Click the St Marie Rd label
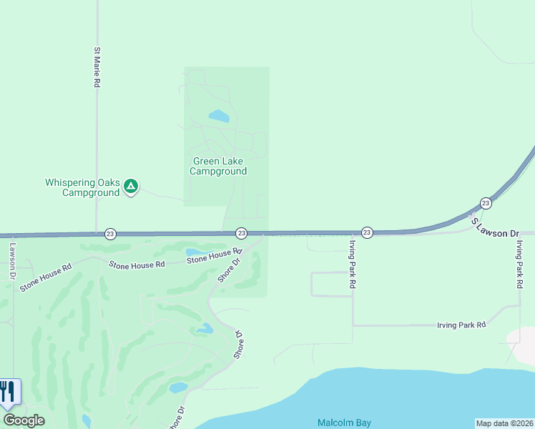97,68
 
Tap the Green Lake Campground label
218,167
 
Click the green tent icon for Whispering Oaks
130,187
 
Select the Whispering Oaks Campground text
82,187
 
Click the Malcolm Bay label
344,423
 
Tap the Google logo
24,420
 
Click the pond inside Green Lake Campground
218,115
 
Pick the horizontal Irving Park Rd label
461,325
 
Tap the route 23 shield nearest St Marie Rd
110,233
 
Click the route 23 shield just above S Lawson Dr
486,203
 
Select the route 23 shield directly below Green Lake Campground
241,233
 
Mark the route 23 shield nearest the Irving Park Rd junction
367,232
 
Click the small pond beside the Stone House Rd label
194,252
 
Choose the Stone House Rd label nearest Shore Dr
212,256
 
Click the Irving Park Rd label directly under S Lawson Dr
520,265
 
